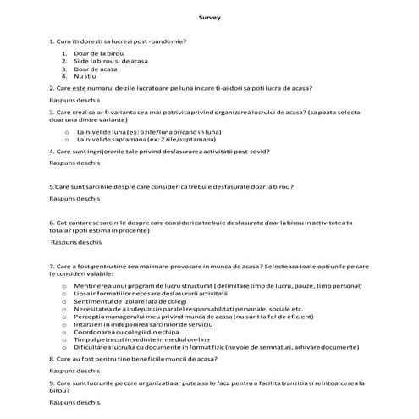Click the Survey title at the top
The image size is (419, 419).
209,18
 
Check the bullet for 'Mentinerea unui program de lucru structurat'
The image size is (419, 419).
67,286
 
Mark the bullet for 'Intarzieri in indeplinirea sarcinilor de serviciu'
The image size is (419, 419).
67,325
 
